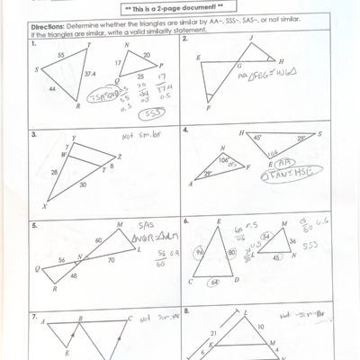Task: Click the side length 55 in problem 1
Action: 59,56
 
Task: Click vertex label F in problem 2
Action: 207,110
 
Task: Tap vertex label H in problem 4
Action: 241,132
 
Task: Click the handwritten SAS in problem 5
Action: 148,226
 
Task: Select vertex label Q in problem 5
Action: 37,268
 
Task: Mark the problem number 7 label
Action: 34,317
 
